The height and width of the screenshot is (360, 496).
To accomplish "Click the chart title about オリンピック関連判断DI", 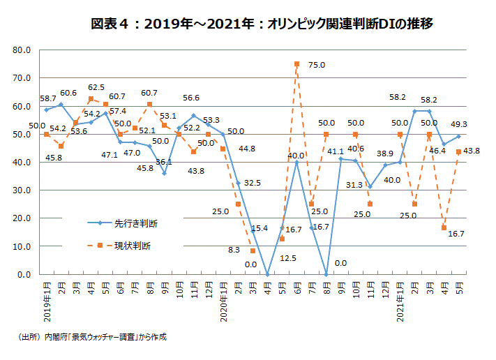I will coord(262,24).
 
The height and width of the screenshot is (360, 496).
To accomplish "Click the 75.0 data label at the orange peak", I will coord(317,65).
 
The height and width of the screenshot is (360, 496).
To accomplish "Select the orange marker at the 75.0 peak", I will coord(297,64).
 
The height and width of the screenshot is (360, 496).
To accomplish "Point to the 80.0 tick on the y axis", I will coord(20,50).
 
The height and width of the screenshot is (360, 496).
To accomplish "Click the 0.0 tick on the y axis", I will coord(23,274).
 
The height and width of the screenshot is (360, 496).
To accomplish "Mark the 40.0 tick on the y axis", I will coord(20,163).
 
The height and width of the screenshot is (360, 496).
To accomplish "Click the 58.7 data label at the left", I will coord(48,99).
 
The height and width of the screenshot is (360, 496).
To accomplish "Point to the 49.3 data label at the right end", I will coord(458,124).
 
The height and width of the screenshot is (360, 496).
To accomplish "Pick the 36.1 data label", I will coord(163,162).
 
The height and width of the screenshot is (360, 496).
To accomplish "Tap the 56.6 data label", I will coord(191,98).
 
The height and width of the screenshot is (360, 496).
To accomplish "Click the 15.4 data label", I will coord(260,228).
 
